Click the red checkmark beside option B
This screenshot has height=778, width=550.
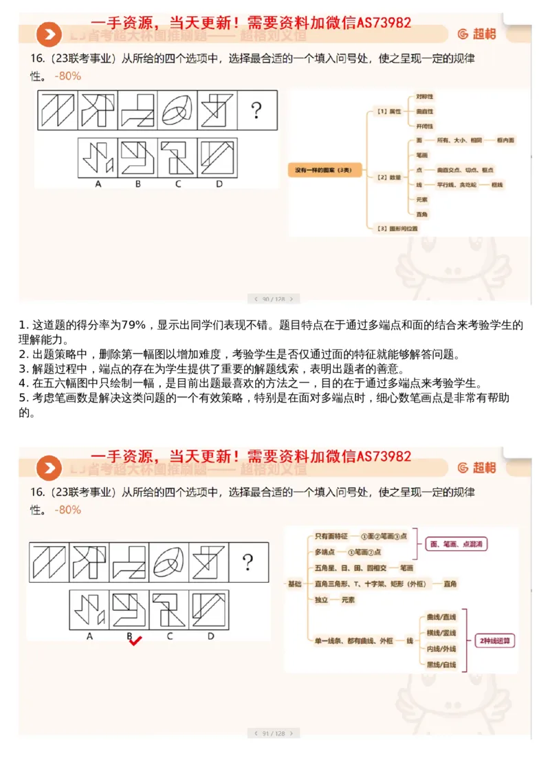pos(135,641)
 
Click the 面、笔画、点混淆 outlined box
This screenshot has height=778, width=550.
pos(456,543)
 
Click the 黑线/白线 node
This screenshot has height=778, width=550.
pos(441,664)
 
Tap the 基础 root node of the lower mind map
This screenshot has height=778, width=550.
pos(294,584)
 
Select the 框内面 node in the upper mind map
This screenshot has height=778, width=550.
pos(507,140)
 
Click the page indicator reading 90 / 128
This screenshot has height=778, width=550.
pos(274,299)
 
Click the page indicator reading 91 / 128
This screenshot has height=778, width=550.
pos(274,734)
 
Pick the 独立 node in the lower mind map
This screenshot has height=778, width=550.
pos(321,600)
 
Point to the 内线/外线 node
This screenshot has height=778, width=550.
pos(441,649)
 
